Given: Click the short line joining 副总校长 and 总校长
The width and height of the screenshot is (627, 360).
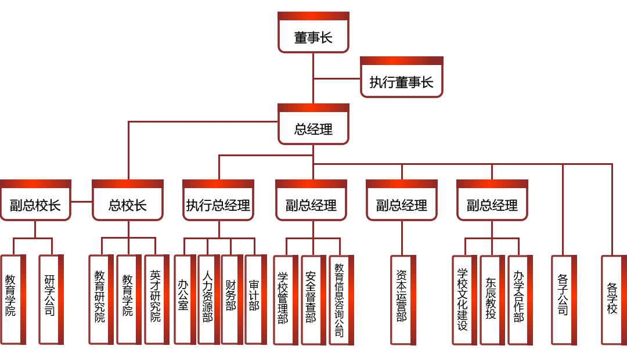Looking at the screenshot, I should click(82, 201).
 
